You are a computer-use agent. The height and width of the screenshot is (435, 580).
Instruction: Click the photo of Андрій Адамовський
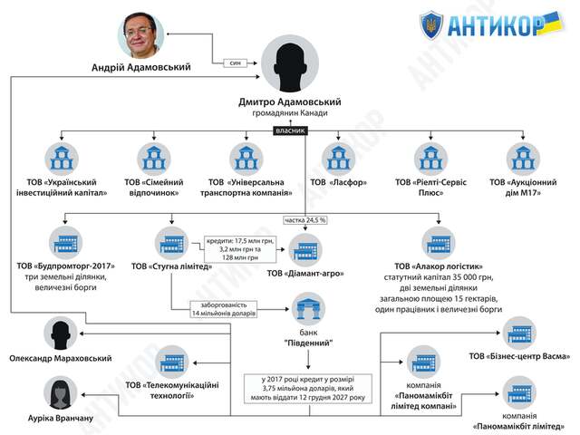[147, 33]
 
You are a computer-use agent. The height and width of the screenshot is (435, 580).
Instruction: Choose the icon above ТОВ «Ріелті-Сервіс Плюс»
[427, 155]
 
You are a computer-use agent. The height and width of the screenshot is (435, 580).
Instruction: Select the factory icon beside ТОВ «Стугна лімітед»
[171, 242]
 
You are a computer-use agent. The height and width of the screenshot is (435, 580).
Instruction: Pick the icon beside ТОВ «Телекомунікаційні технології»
[171, 360]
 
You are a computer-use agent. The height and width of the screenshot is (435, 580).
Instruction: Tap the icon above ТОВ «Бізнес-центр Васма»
[520, 332]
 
